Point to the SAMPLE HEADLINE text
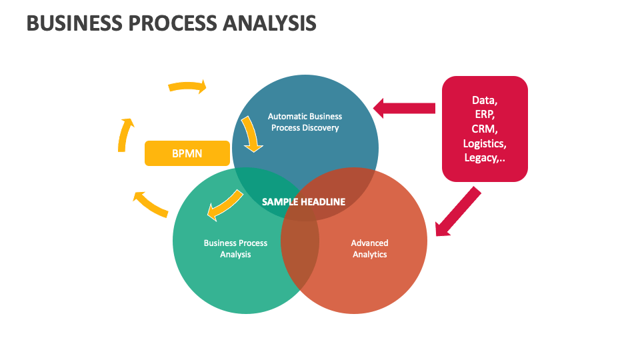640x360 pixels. (x=303, y=201)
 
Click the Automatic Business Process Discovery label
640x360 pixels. (x=305, y=122)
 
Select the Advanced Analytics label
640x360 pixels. (x=369, y=249)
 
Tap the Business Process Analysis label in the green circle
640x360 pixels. (x=235, y=249)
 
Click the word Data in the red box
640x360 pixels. (x=485, y=100)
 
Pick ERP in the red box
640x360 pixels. (x=485, y=114)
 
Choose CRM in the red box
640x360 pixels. (x=485, y=129)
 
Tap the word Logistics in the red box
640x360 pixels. (x=485, y=143)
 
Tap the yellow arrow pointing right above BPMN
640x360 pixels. (x=187, y=86)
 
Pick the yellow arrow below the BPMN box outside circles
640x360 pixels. (x=150, y=204)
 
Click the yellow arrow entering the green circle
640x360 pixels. (x=224, y=204)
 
